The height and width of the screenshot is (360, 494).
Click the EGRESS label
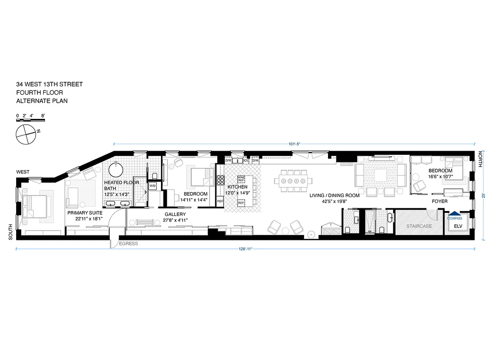coord(128,243)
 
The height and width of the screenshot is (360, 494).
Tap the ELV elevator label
coord(458,226)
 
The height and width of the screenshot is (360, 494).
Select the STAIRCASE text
coord(417,226)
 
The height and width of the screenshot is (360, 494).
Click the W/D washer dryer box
coord(153,185)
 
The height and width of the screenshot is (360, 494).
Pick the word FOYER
coord(440,202)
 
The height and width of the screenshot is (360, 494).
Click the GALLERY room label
coord(175,214)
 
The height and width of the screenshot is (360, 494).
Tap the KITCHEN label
coord(237,187)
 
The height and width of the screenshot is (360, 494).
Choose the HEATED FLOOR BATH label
coord(121,185)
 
